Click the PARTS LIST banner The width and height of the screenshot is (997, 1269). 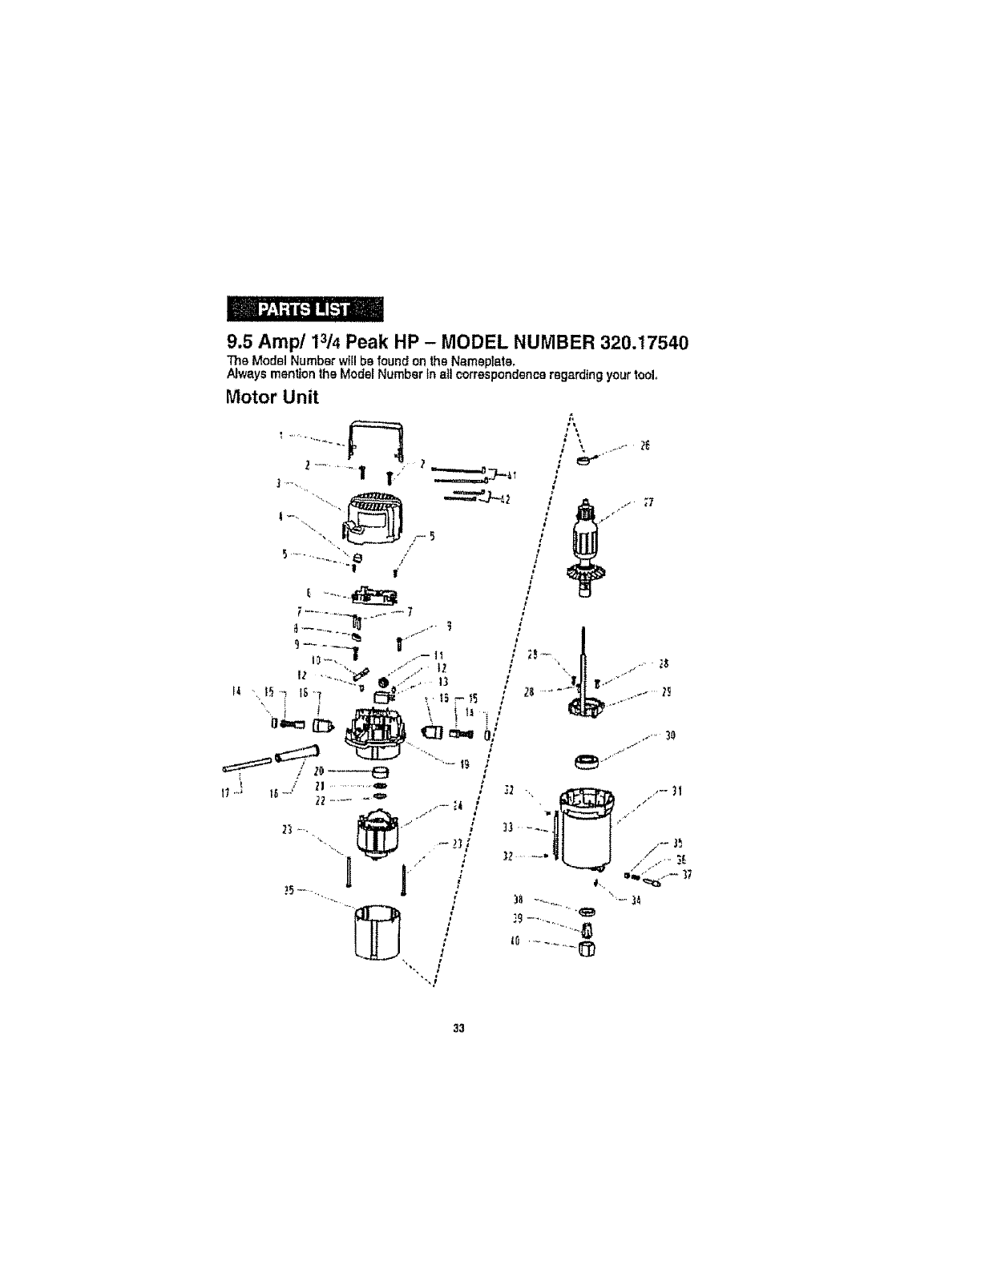tap(306, 308)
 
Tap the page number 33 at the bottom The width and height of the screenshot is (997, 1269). tap(459, 1027)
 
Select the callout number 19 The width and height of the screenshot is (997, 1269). tap(463, 763)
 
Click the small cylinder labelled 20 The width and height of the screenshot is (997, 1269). tap(381, 772)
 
